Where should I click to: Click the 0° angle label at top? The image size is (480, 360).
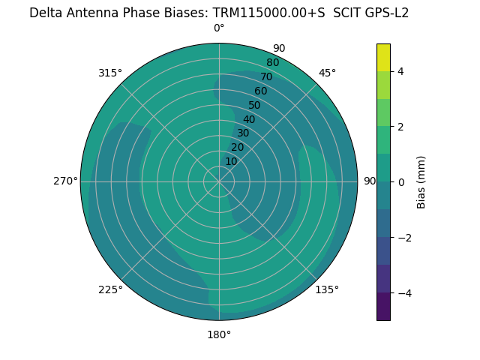coord(219,28)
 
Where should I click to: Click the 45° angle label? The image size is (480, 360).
coord(327,73)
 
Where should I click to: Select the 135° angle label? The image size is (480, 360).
coord(327,289)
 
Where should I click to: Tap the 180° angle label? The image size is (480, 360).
coord(219,334)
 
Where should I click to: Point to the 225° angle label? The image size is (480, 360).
coord(110,289)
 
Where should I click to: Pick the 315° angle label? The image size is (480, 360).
coord(110,73)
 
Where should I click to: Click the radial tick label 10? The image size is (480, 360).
coord(231,162)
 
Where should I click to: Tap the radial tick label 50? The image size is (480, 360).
coord(255,106)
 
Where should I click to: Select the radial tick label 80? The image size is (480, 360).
coord(273,63)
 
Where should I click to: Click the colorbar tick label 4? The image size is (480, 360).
coord(401,71)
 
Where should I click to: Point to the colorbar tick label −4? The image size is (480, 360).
coord(403,292)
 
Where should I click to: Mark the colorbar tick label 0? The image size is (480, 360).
coord(401,181)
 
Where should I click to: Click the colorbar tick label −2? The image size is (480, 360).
coord(403,237)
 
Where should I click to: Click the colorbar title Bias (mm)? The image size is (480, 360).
coord(421,181)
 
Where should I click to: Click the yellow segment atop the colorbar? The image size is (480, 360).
coord(383,57)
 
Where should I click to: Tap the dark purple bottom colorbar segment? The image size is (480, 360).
coord(383,307)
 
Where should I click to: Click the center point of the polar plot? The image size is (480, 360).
coord(219,181)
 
